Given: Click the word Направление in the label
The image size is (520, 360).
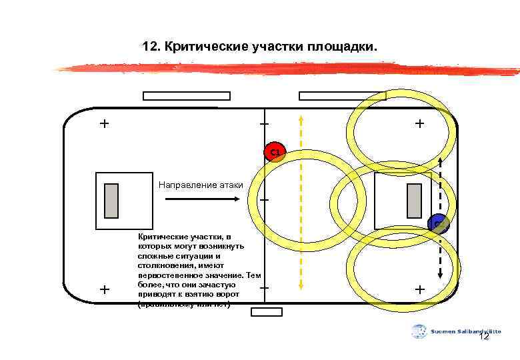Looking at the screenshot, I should (x=188, y=185).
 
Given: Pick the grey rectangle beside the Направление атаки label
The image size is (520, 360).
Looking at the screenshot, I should (x=111, y=201).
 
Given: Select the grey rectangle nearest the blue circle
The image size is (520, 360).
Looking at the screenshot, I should (x=413, y=201).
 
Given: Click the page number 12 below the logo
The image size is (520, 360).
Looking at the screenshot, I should (x=484, y=337).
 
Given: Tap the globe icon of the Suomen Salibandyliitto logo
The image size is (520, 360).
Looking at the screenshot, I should (x=419, y=331).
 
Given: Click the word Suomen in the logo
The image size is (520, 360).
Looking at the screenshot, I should (x=442, y=331).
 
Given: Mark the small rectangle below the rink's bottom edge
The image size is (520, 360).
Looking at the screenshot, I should (x=267, y=311).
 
